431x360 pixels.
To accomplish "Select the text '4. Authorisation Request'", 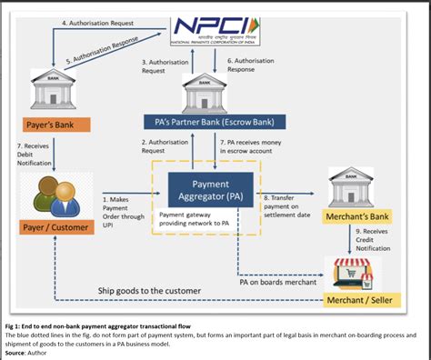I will click(x=97, y=21).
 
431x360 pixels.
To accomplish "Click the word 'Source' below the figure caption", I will click(x=18, y=352).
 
